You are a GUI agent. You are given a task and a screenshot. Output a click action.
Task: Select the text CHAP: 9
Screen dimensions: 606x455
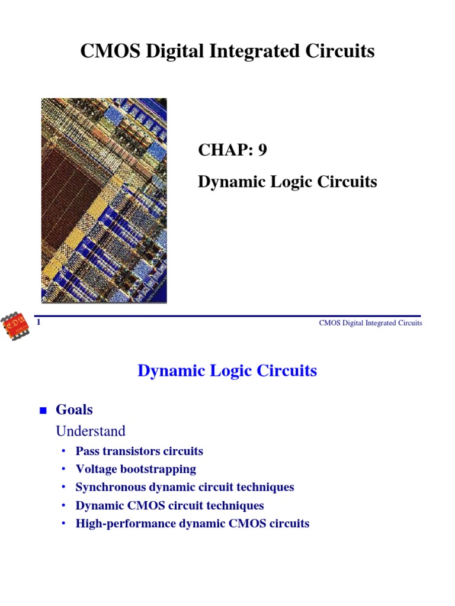[x=232, y=150]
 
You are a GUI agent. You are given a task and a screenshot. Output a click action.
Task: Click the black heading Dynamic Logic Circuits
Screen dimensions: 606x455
[x=287, y=182]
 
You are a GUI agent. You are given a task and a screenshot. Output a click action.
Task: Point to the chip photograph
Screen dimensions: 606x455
[x=104, y=200]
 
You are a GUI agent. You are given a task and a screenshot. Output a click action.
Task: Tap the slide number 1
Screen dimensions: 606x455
[x=39, y=322]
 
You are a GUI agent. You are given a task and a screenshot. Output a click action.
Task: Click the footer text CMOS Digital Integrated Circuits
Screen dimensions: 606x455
[x=370, y=323]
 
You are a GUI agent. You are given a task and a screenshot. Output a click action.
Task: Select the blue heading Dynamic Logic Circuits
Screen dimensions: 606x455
[x=227, y=371]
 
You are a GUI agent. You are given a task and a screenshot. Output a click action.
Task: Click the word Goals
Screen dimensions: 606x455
[x=74, y=409]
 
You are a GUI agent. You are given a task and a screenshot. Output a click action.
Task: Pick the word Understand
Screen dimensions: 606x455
[x=91, y=431]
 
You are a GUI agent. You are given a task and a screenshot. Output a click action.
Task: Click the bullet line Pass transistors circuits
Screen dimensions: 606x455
[x=139, y=451]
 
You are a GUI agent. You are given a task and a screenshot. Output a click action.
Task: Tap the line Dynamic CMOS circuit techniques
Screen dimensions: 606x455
[x=169, y=505]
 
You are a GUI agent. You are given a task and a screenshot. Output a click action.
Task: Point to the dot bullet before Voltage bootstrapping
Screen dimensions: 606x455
[x=63, y=469]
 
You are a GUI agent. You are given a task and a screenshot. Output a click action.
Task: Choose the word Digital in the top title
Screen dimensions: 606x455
[x=174, y=51]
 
